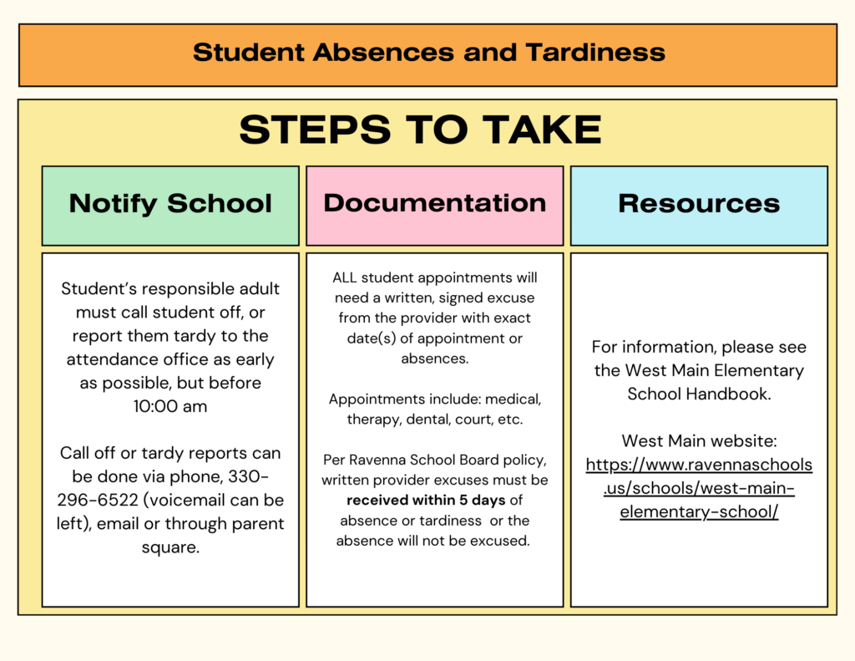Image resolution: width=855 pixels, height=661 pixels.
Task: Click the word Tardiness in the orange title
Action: coord(595,53)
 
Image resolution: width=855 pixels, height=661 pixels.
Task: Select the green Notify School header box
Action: coord(170,204)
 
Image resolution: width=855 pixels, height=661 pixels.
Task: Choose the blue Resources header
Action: coord(699,204)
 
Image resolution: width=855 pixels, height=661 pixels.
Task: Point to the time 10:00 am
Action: coord(170,407)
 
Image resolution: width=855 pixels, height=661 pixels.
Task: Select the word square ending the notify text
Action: coord(170,547)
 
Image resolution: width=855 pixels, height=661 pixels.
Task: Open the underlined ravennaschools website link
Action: coord(699,488)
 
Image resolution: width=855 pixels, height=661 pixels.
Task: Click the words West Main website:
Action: coord(699,440)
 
